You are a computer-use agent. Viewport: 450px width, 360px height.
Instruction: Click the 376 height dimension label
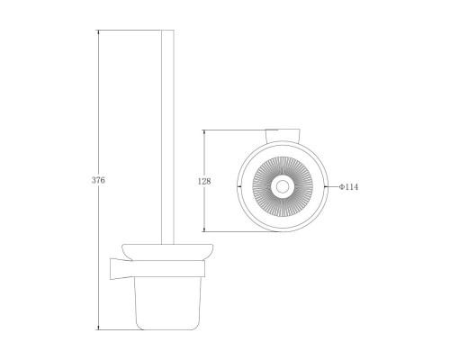tap(98, 180)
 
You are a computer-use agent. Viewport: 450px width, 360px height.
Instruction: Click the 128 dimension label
tap(204, 181)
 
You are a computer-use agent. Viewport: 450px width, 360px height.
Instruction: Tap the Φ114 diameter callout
tap(348, 187)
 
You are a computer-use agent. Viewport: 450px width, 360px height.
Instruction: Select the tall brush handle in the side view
tap(167, 137)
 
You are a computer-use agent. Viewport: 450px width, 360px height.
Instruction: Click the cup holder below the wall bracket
tap(167, 302)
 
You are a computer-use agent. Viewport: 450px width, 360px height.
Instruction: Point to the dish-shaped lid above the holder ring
tap(167, 252)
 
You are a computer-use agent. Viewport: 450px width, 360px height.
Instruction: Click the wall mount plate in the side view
tap(121, 268)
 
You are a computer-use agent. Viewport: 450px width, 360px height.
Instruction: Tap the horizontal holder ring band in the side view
tap(168, 268)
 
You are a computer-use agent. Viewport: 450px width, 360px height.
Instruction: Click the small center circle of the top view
tap(283, 186)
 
